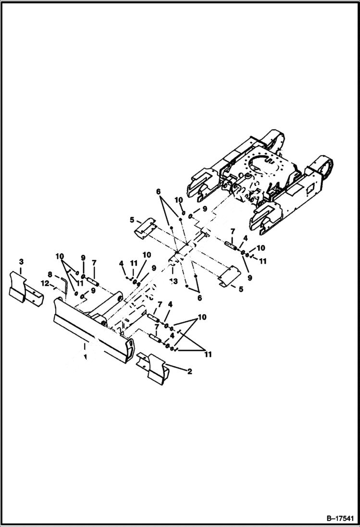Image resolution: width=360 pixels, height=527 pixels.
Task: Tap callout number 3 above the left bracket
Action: [21, 261]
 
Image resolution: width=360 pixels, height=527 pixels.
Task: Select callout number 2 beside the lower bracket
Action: [190, 371]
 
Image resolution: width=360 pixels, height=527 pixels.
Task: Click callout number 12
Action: [45, 283]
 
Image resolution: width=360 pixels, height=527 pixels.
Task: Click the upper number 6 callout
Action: [158, 191]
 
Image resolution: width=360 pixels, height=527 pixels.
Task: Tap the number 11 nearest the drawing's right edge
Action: [262, 261]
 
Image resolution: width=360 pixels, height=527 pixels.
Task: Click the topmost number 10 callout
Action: [179, 199]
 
